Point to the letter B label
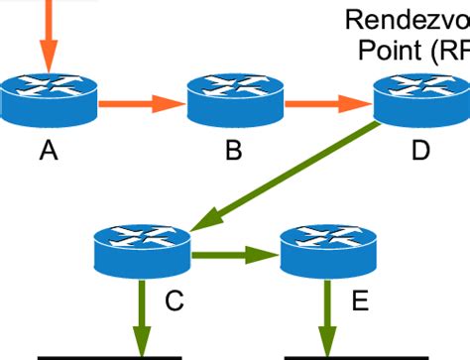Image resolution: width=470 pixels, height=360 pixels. tap(235, 150)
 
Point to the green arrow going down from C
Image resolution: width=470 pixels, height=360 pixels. tap(144, 317)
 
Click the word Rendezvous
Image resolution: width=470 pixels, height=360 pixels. tap(407, 20)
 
